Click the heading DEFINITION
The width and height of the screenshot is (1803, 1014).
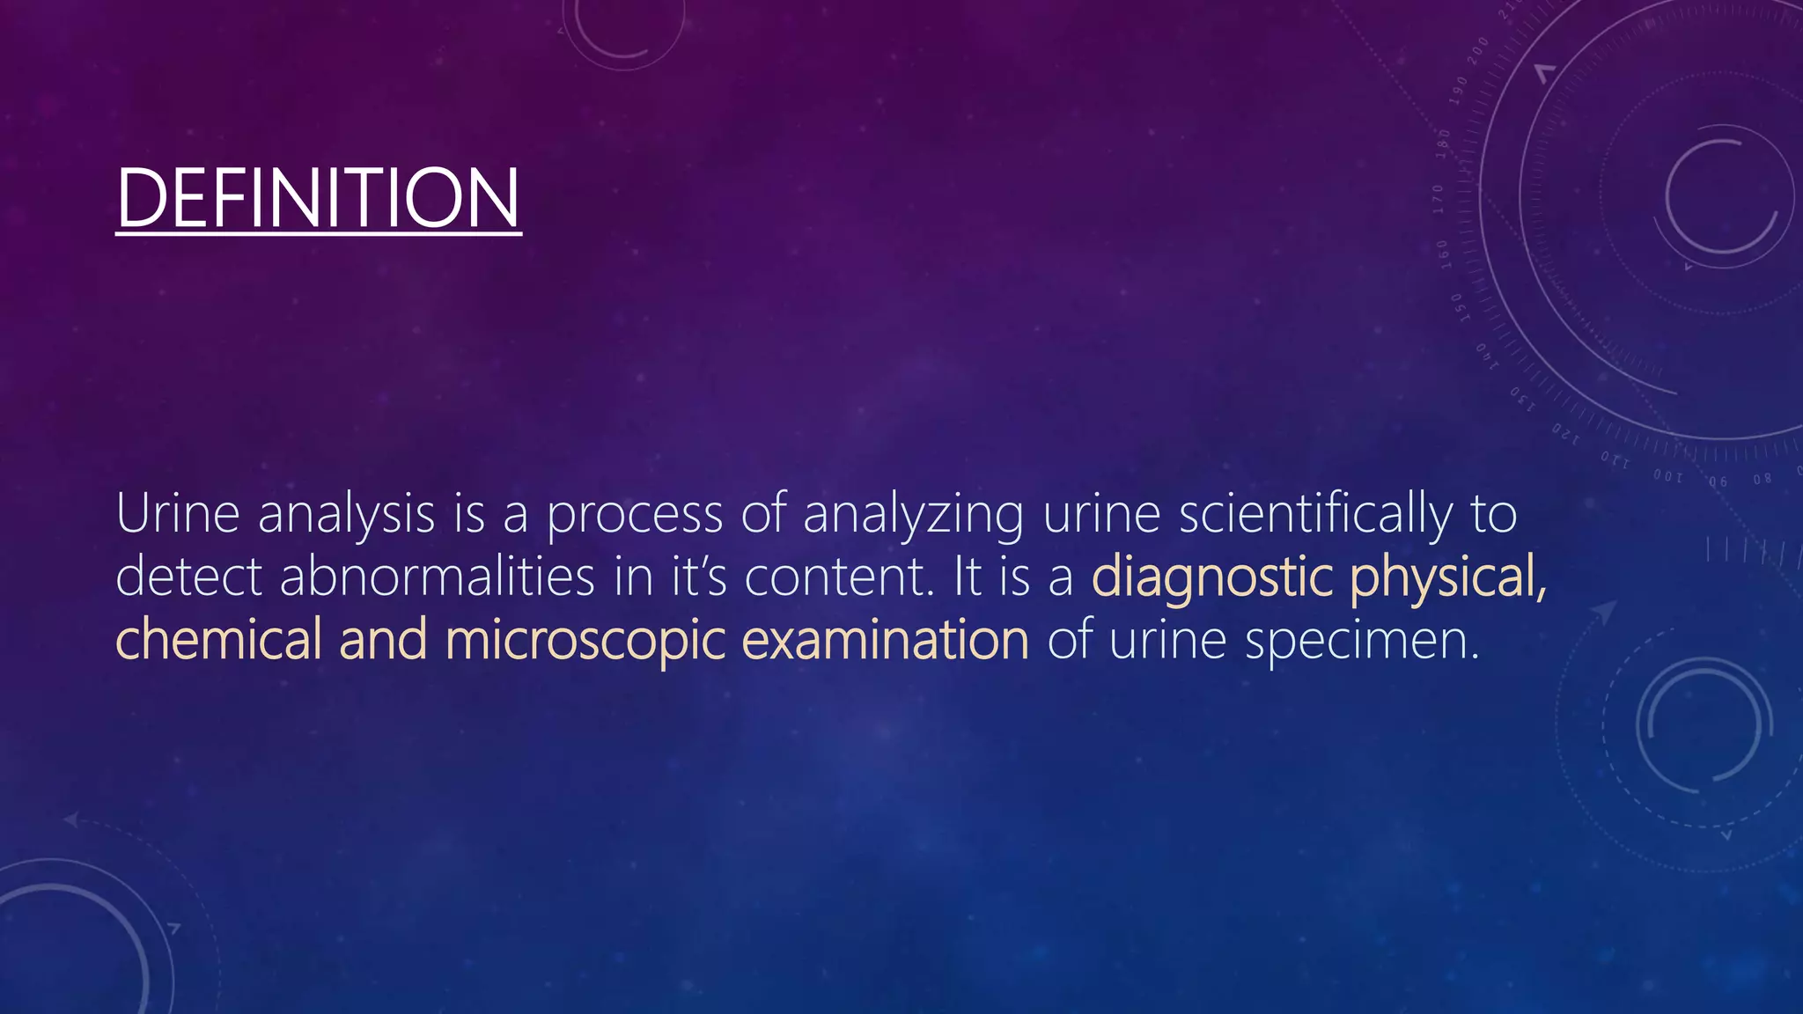pyautogui.click(x=318, y=198)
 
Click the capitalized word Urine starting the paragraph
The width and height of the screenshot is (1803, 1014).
pyautogui.click(x=177, y=514)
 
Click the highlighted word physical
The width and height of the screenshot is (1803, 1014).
pyautogui.click(x=1448, y=578)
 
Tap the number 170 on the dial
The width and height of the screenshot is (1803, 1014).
pyautogui.click(x=1439, y=199)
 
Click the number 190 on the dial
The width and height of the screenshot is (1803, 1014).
pyautogui.click(x=1460, y=87)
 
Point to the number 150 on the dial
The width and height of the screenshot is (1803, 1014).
pyautogui.click(x=1458, y=308)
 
